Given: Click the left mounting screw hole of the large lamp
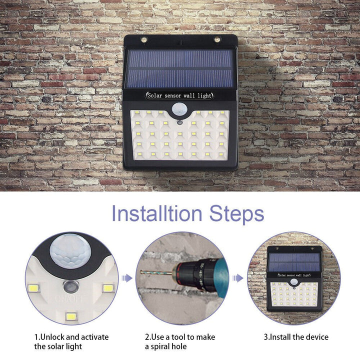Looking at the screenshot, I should click(x=144, y=39).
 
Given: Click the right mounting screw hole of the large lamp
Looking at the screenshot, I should click(x=217, y=39).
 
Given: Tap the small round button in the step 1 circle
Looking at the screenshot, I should click(x=69, y=286).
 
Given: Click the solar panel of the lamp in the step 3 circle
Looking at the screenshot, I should click(x=293, y=261).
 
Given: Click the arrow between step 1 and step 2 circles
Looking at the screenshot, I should click(x=128, y=278).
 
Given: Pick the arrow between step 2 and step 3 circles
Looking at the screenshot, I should click(x=238, y=278).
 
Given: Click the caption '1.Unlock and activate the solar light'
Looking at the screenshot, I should click(x=71, y=341).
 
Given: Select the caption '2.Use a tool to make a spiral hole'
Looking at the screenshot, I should click(x=180, y=341).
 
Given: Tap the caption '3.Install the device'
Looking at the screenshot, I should click(x=296, y=337).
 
